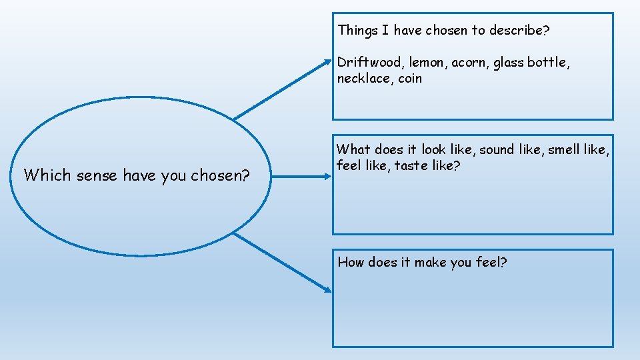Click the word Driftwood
(x=369, y=63)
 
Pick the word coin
(x=410, y=79)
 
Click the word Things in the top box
(x=357, y=30)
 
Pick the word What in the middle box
(x=354, y=150)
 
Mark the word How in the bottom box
(x=351, y=262)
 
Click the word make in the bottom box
(x=431, y=262)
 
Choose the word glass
(x=509, y=63)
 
